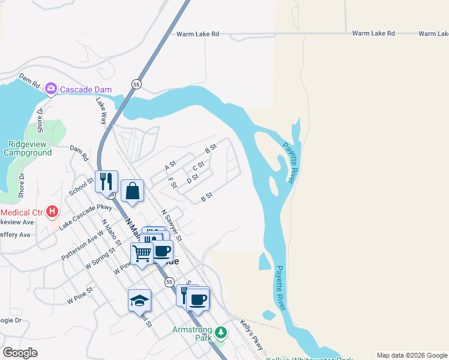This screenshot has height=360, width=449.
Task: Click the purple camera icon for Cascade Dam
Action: (51, 89)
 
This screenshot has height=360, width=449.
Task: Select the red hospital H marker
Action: (53, 212)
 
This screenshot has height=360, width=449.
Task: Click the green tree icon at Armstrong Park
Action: (221, 332)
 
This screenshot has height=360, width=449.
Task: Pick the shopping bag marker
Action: (132, 191)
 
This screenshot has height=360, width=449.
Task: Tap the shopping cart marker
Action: (142, 253)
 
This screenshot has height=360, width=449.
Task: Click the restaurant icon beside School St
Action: (106, 181)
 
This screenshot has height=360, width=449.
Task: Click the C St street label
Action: (199, 166)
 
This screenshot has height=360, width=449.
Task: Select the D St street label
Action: (193, 179)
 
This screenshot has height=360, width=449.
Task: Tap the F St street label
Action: (173, 183)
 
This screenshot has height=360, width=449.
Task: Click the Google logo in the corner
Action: (20, 353)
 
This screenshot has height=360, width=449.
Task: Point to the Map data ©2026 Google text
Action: (411, 355)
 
